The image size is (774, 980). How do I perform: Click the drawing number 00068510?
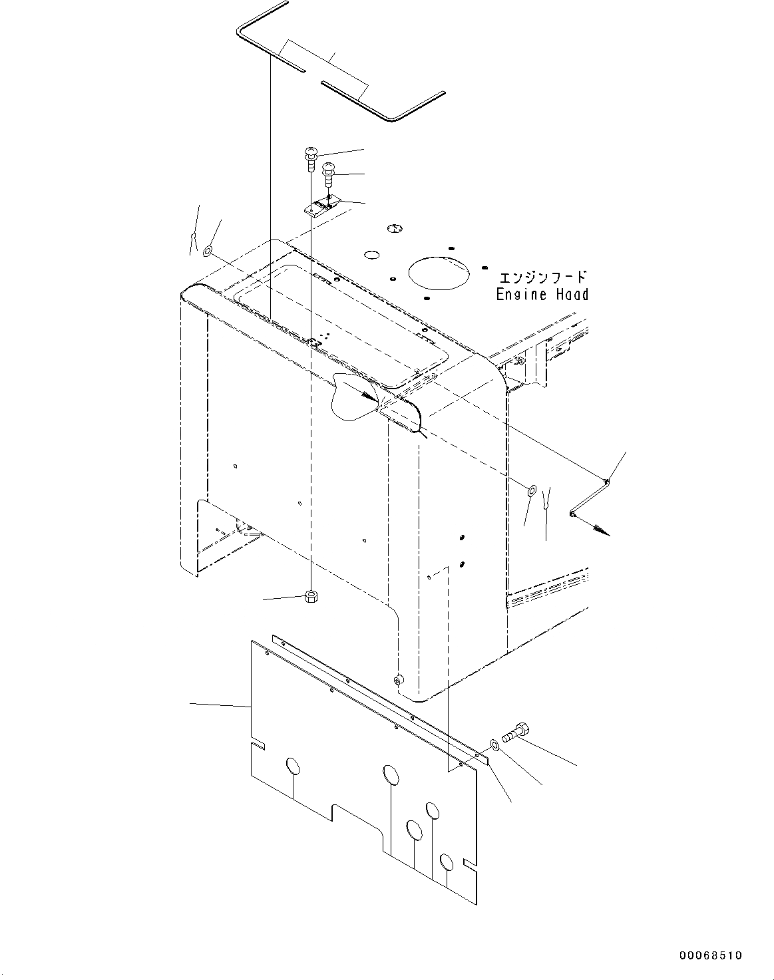pos(710,956)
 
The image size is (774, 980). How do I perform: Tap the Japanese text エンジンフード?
pos(542,276)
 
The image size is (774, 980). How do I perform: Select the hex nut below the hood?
pos(309,595)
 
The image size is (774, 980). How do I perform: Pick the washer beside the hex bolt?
pos(494,743)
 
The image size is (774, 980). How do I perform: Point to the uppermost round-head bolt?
pos(311,157)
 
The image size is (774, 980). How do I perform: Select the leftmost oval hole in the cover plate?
pos(293,766)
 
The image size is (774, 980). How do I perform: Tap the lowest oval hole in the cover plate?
pos(447,863)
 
